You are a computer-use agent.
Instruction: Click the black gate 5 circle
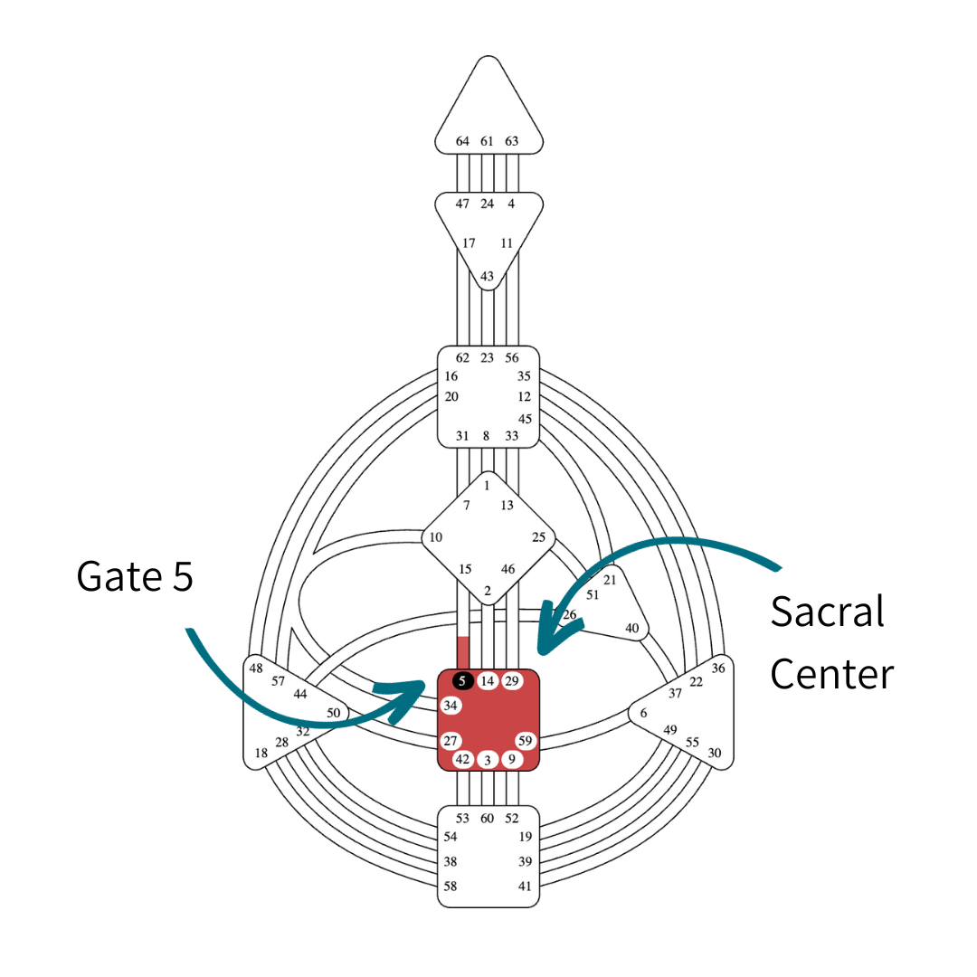[x=462, y=681]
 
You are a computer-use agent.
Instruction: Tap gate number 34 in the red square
[x=451, y=705]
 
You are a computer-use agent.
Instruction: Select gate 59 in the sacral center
[x=526, y=741]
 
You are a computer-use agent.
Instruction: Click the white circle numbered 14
[x=488, y=681]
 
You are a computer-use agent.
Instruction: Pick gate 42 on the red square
[x=462, y=760]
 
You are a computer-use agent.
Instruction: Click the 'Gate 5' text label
[x=135, y=576]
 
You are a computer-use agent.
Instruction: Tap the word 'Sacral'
[x=827, y=612]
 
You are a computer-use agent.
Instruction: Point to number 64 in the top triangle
[x=462, y=141]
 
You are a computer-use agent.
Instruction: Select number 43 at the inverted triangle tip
[x=487, y=276]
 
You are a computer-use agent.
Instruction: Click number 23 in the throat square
[x=487, y=358]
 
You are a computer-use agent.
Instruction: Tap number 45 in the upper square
[x=525, y=419]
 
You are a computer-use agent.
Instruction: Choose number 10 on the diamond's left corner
[x=436, y=537]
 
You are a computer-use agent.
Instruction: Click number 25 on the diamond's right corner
[x=539, y=537]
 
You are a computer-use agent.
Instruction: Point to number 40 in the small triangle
[x=632, y=629]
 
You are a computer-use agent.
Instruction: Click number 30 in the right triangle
[x=715, y=753]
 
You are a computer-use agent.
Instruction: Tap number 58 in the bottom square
[x=451, y=887]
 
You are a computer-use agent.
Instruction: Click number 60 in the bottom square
[x=487, y=819]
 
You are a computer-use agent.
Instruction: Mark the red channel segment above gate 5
[x=463, y=652]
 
